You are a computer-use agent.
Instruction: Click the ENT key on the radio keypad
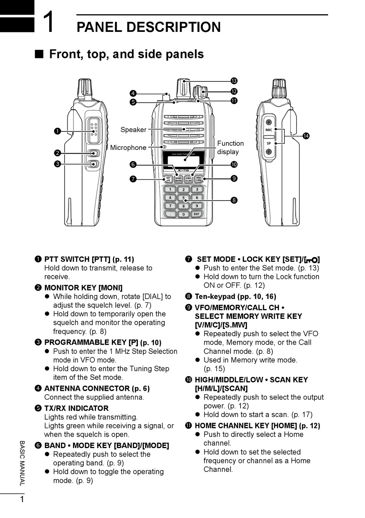pyautogui.click(x=197, y=214)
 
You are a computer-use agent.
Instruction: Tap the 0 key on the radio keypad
pyautogui.click(x=184, y=214)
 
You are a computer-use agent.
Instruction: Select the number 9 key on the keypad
pyautogui.click(x=197, y=206)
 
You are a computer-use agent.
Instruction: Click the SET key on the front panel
pyautogui.click(x=168, y=179)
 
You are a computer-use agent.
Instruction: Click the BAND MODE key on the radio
pyautogui.click(x=179, y=179)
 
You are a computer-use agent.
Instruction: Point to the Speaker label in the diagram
pyautogui.click(x=133, y=129)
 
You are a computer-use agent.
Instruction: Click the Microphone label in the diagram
pyautogui.click(x=128, y=148)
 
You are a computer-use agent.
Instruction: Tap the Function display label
pyautogui.click(x=230, y=148)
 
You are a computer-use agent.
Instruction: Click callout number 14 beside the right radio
pyautogui.click(x=306, y=136)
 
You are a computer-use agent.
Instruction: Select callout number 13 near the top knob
pyautogui.click(x=234, y=81)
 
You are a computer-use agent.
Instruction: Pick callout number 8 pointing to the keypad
pyautogui.click(x=234, y=200)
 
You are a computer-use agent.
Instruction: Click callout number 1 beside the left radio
pyautogui.click(x=57, y=131)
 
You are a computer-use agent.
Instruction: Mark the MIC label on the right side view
pyautogui.click(x=269, y=130)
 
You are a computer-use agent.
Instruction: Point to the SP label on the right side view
pyautogui.click(x=269, y=143)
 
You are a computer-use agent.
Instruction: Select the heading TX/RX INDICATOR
pyautogui.click(x=76, y=408)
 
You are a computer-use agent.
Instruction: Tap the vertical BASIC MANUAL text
pyautogui.click(x=22, y=463)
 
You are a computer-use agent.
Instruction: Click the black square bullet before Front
pyautogui.click(x=39, y=54)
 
